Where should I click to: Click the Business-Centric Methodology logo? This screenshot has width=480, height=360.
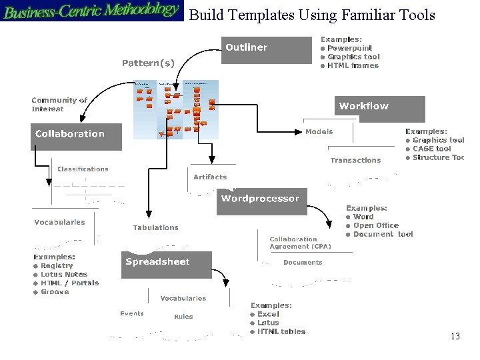pyautogui.click(x=91, y=11)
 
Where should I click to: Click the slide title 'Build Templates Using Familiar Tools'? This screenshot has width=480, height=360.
pyautogui.click(x=312, y=15)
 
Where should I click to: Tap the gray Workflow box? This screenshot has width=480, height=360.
pyautogui.click(x=379, y=107)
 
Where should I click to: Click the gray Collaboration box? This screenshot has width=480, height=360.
pyautogui.click(x=77, y=135)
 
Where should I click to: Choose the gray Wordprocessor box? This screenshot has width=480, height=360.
pyautogui.click(x=260, y=201)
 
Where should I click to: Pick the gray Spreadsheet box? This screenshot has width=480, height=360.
pyautogui.click(x=167, y=264)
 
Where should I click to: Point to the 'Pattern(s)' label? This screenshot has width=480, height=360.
pyautogui.click(x=148, y=63)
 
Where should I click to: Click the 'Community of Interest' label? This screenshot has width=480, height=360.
pyautogui.click(x=59, y=104)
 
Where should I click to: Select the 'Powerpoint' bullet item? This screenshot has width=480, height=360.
pyautogui.click(x=349, y=48)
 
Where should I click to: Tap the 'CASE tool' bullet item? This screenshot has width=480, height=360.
pyautogui.click(x=431, y=149)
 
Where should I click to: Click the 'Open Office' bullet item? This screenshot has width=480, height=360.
pyautogui.click(x=375, y=225)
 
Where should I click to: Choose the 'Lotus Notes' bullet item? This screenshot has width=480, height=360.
pyautogui.click(x=63, y=274)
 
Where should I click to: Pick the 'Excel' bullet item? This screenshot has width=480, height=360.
pyautogui.click(x=268, y=314)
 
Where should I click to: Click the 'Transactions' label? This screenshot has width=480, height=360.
pyautogui.click(x=355, y=160)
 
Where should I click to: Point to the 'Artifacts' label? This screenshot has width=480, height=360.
pyautogui.click(x=210, y=177)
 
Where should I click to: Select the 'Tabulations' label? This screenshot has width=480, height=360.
pyautogui.click(x=155, y=227)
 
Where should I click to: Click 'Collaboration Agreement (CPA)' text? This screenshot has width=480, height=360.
pyautogui.click(x=300, y=243)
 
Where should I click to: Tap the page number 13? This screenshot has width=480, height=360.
pyautogui.click(x=455, y=337)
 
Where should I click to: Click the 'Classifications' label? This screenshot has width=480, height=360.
pyautogui.click(x=83, y=169)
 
